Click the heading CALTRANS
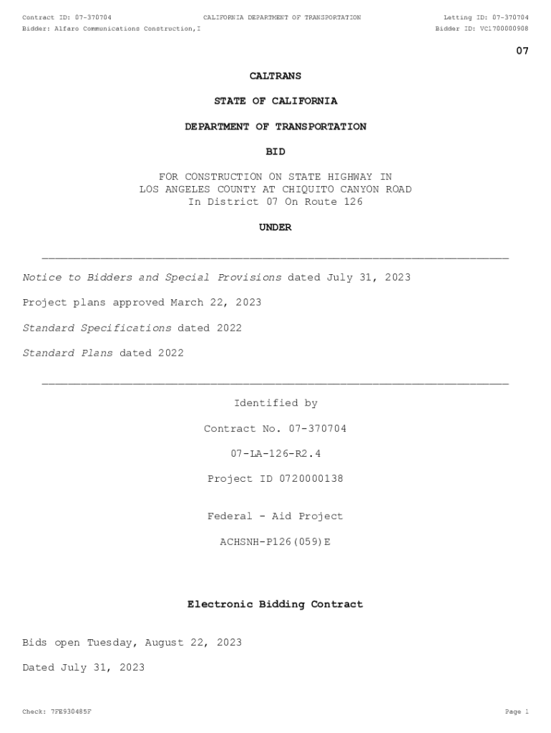pyautogui.click(x=275, y=76)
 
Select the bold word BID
pyautogui.click(x=275, y=152)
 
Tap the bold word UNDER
pyautogui.click(x=275, y=227)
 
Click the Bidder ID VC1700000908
pyautogui.click(x=504, y=29)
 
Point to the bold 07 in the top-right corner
pyautogui.click(x=522, y=51)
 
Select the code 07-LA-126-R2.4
pyautogui.click(x=275, y=454)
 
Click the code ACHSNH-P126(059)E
pyautogui.click(x=275, y=542)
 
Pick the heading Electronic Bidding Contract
pyautogui.click(x=275, y=604)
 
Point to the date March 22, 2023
pyautogui.click(x=216, y=302)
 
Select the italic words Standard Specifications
pyautogui.click(x=97, y=328)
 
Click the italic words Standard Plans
pyautogui.click(x=68, y=353)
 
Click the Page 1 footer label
pyautogui.click(x=516, y=712)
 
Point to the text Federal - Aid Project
pyautogui.click(x=275, y=516)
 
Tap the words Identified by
pyautogui.click(x=275, y=403)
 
